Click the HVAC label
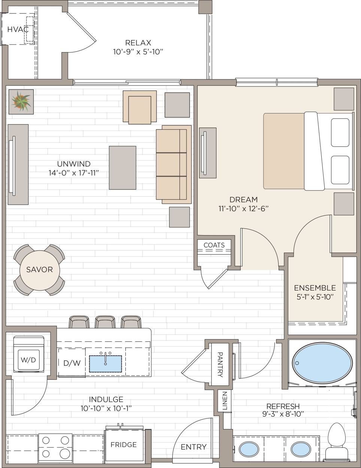[x=18, y=29]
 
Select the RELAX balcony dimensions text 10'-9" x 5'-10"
[x=138, y=52]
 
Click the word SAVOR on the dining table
[x=39, y=270]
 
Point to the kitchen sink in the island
[x=105, y=364]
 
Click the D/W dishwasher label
[x=72, y=363]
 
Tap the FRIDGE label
[x=123, y=444]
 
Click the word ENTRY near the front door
[x=194, y=447]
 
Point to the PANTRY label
[x=220, y=364]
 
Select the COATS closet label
[x=214, y=245]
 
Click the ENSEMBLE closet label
[x=315, y=288]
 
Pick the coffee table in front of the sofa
[x=122, y=168]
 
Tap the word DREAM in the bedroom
[x=243, y=200]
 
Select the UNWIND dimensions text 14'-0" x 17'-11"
[x=73, y=173]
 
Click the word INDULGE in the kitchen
[x=106, y=399]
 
